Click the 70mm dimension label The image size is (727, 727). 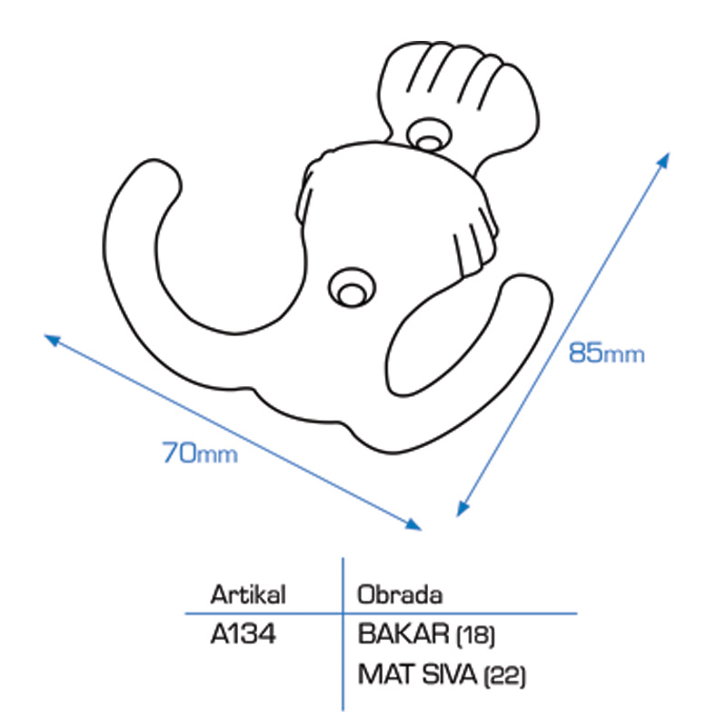(x=200, y=453)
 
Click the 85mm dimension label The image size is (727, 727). (x=606, y=353)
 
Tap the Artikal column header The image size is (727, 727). (x=248, y=594)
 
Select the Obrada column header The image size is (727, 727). (x=400, y=594)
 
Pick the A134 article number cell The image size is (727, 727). (x=243, y=633)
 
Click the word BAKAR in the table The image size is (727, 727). (x=403, y=633)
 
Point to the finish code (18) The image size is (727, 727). (x=476, y=634)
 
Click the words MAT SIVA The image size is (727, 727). (x=417, y=674)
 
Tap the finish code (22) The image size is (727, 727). (x=504, y=675)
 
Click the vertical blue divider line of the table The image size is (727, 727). (x=344, y=633)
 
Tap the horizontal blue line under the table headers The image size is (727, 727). (x=381, y=613)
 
